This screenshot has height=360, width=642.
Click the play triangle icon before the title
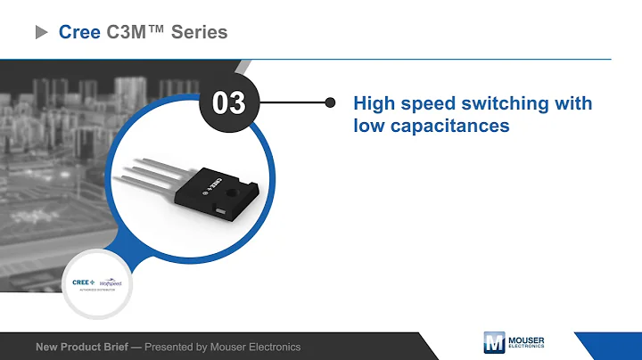(x=41, y=33)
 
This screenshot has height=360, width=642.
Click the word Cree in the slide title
(x=78, y=33)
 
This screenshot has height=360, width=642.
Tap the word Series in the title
(x=199, y=33)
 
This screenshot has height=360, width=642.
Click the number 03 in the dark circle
(x=228, y=103)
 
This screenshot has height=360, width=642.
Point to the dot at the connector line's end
(x=330, y=102)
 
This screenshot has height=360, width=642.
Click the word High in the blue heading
(x=375, y=103)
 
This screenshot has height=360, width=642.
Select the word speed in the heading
(x=431, y=103)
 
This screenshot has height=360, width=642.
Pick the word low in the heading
(x=366, y=126)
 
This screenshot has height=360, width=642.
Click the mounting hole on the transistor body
(x=237, y=191)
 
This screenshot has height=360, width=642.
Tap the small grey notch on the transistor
(x=220, y=210)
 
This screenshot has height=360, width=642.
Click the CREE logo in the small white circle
(x=82, y=282)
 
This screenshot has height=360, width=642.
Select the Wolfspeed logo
(x=110, y=282)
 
